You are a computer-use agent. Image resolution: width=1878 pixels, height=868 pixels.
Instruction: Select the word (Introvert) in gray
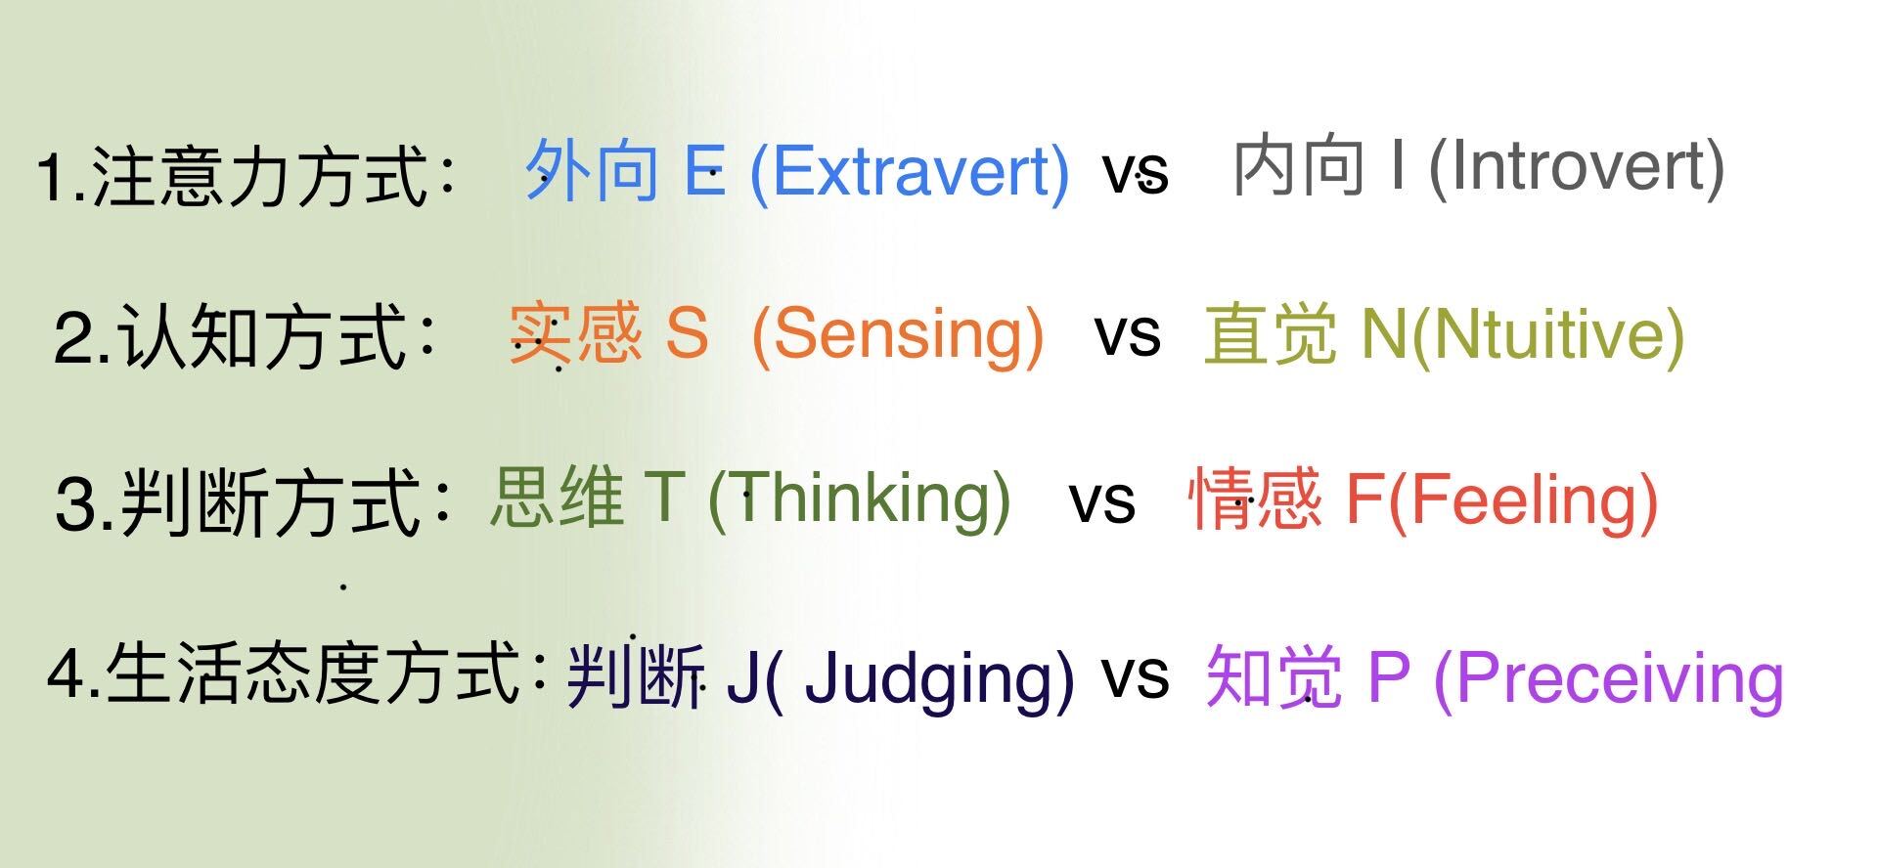[1577, 168]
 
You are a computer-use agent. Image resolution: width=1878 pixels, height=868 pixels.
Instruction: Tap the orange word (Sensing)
[897, 335]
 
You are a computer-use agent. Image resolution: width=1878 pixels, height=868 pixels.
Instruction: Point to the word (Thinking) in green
[859, 499]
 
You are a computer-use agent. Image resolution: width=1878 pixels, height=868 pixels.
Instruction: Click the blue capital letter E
[704, 170]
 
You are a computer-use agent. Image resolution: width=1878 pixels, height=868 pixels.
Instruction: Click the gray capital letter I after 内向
[1399, 165]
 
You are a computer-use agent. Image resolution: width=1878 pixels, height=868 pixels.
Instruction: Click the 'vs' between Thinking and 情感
[1102, 502]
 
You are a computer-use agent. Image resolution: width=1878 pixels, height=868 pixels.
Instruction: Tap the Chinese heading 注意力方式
[259, 176]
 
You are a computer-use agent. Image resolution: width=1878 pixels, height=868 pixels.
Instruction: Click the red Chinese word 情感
[1255, 498]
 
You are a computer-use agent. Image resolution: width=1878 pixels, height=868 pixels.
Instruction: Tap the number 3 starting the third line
[75, 504]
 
